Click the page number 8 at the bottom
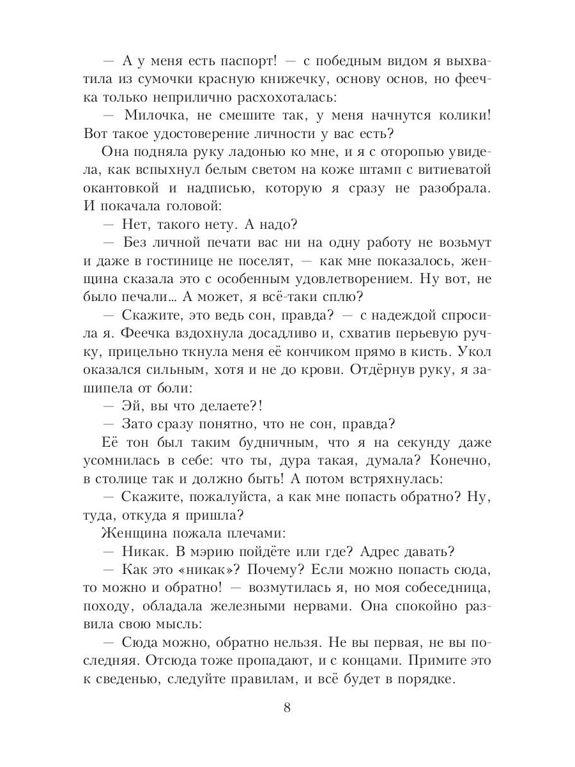tap(287, 708)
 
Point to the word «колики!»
tap(459, 116)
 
